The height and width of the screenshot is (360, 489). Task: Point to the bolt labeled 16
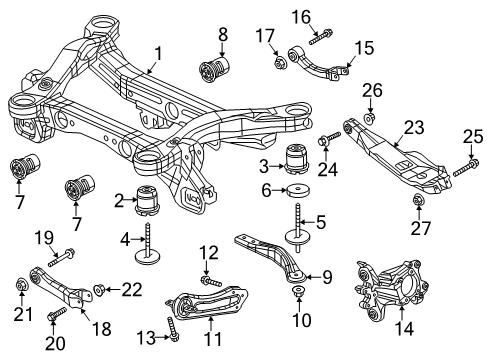click(x=323, y=38)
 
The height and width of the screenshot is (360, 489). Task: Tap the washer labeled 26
click(x=371, y=118)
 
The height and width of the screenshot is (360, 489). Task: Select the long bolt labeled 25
click(x=462, y=170)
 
